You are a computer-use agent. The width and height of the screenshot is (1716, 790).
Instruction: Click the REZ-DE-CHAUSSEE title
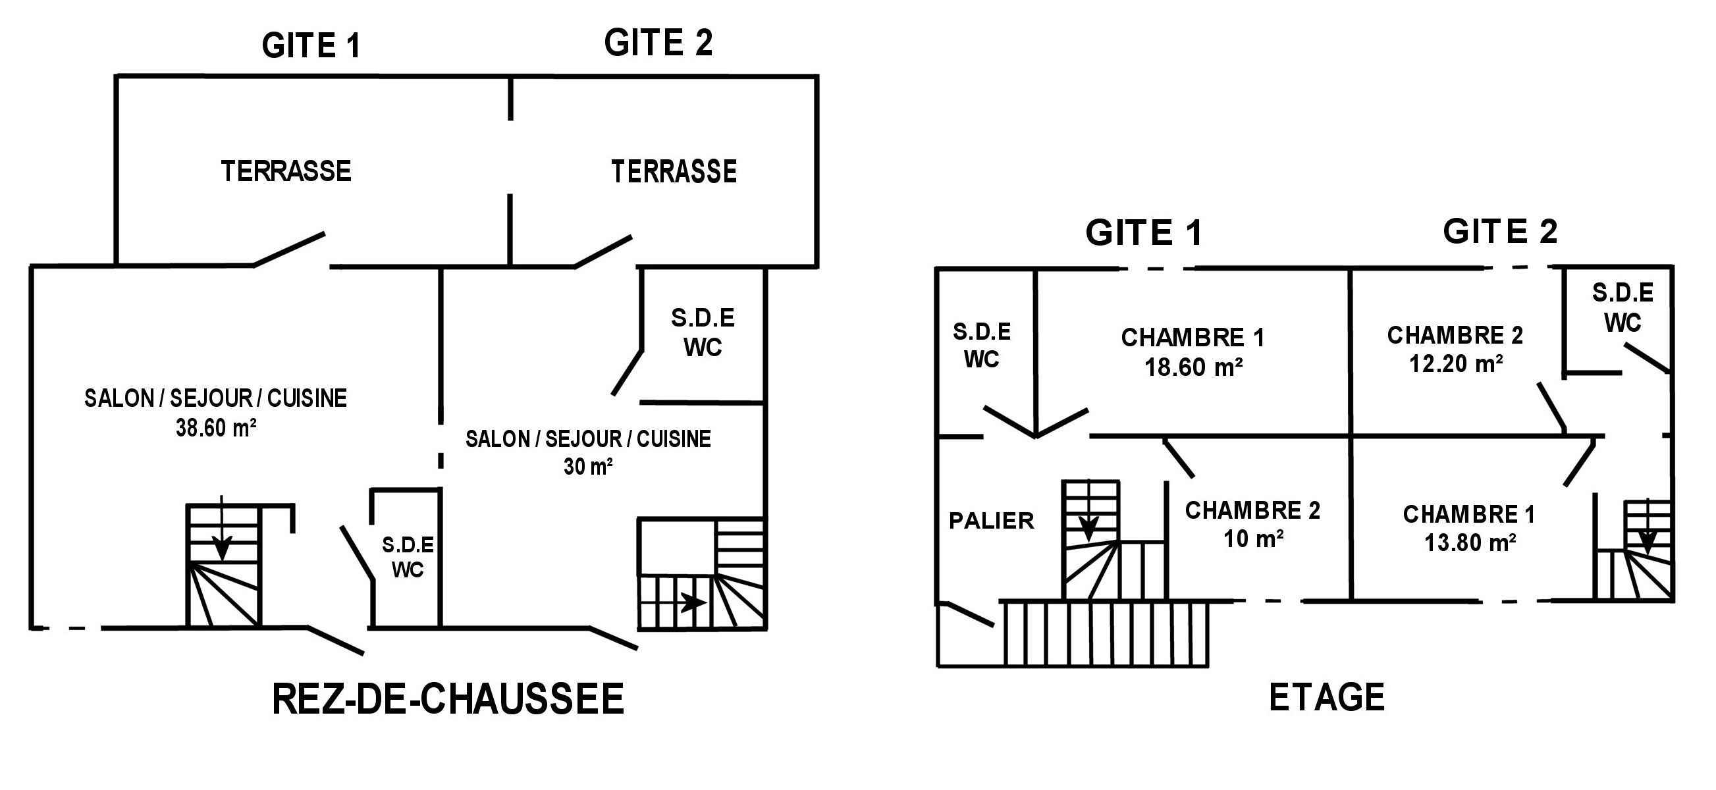[x=448, y=698]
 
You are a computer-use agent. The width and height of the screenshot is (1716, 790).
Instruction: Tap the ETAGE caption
[x=1326, y=697]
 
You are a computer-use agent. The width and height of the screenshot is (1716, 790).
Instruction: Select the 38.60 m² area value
[x=216, y=427]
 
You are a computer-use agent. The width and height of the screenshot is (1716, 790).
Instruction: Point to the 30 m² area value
[x=587, y=466]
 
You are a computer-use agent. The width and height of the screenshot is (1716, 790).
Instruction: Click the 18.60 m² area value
[x=1193, y=367]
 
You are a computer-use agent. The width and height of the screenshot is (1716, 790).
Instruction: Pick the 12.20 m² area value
[x=1455, y=363]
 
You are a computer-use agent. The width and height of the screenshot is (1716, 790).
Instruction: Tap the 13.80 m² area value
[x=1470, y=543]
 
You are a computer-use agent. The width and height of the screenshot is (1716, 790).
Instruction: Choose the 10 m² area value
[x=1253, y=539]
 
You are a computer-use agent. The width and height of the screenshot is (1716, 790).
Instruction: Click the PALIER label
[x=991, y=520]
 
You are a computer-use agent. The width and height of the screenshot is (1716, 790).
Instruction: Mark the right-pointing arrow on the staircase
[x=693, y=603]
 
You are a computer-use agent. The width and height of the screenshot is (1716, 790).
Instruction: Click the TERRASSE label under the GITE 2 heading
[x=674, y=172]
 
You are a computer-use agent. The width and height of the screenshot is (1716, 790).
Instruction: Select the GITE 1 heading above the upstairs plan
[x=1144, y=233]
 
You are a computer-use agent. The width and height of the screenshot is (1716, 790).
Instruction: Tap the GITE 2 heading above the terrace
[x=658, y=43]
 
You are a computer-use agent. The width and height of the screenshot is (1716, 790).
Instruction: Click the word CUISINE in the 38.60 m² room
[x=307, y=398]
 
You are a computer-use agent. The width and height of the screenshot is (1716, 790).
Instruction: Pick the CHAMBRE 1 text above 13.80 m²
[x=1469, y=514]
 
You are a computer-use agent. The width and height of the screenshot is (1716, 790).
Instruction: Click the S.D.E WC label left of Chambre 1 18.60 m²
[x=981, y=345]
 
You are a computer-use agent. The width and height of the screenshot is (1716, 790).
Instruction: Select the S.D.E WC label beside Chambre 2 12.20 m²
[x=1622, y=307]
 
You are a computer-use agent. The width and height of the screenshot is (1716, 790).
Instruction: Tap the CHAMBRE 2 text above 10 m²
[x=1252, y=510]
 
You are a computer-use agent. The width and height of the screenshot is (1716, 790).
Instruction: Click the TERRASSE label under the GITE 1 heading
[x=286, y=171]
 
